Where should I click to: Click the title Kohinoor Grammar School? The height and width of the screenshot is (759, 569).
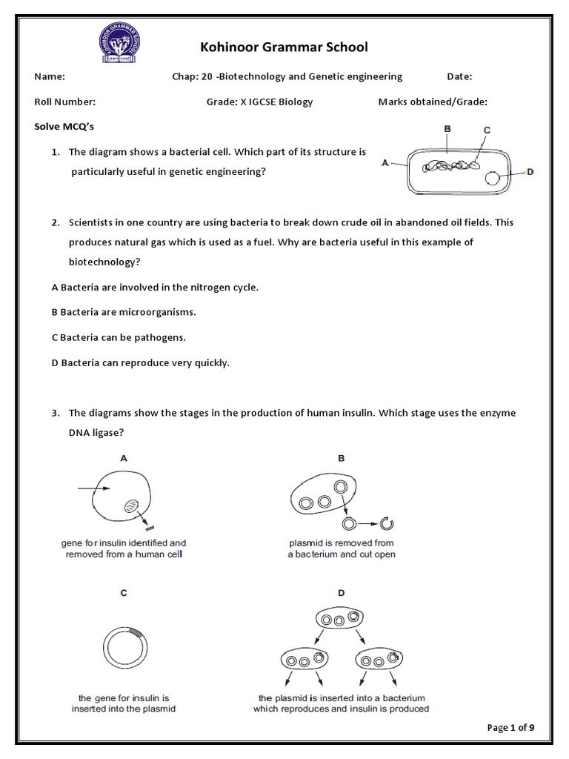point(284,47)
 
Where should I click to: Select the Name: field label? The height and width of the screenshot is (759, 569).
point(50,76)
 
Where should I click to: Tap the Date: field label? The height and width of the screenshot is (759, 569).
point(459,76)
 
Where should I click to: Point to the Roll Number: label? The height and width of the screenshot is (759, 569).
point(65,102)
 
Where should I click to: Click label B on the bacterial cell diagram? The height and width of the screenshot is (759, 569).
point(447,129)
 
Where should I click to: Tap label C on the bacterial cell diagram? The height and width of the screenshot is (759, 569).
point(487,130)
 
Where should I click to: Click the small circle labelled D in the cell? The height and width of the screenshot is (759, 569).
point(492,178)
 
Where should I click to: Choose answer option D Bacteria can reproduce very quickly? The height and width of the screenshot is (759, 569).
point(141,363)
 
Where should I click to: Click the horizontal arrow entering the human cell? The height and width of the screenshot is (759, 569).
point(92,488)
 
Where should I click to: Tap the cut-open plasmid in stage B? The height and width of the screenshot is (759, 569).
point(385,524)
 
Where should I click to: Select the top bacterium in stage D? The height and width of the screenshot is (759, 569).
point(339,617)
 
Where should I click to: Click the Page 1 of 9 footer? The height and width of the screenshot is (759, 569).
point(510,727)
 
